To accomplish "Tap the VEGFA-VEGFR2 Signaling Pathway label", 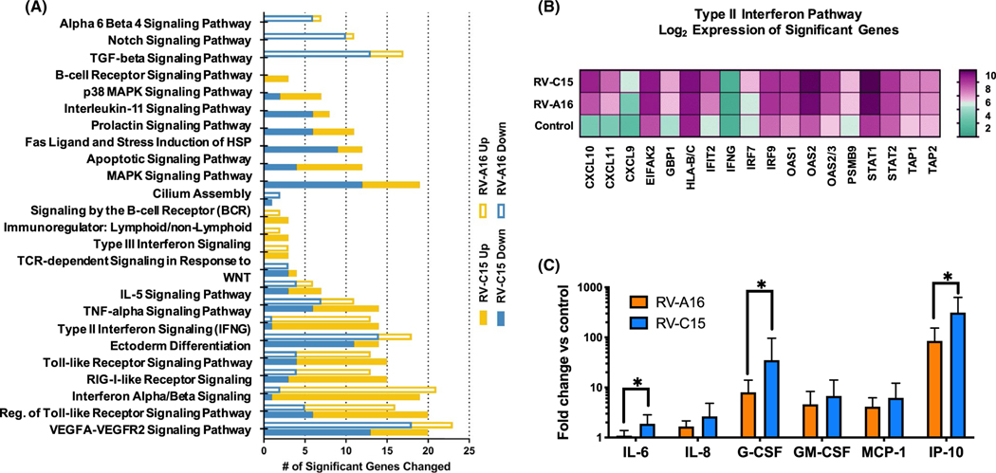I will pyautogui.click(x=161, y=433).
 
